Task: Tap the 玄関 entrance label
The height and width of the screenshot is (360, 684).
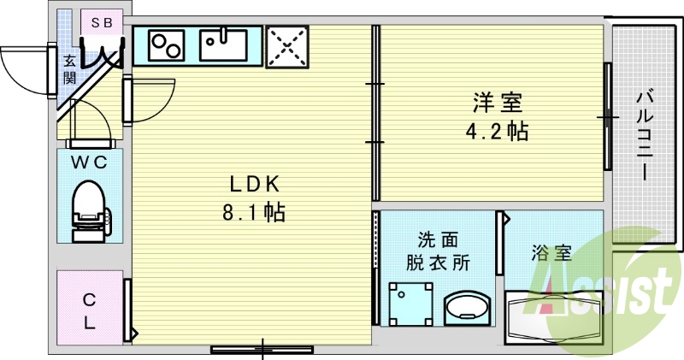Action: (x=70, y=70)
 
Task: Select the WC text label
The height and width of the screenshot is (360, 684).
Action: (x=89, y=163)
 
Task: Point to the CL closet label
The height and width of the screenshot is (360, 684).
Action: (x=89, y=311)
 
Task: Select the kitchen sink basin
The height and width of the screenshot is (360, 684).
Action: (x=223, y=44)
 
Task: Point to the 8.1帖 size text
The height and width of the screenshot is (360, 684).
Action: (x=254, y=211)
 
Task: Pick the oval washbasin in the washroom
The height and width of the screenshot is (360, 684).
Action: (x=468, y=309)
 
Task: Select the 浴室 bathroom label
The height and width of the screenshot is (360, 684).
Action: (x=551, y=253)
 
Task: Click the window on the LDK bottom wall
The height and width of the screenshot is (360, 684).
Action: (x=262, y=348)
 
